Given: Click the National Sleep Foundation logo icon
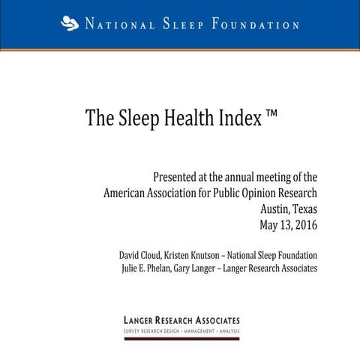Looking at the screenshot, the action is (69, 24).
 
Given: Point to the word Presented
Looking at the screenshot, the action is (180, 178).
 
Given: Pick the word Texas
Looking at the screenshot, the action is (304, 208).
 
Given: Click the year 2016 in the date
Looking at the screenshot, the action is (304, 224).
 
